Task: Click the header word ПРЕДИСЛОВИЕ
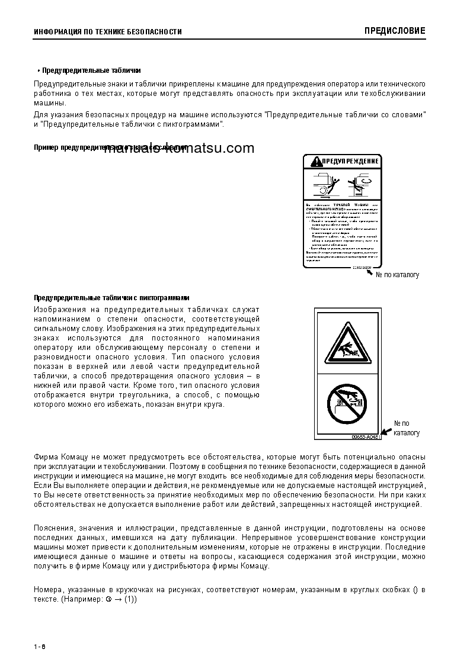point(395,31)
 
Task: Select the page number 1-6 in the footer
point(40,646)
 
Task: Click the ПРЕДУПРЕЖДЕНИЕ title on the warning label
point(350,161)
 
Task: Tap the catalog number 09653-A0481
point(364,436)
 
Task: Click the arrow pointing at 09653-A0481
point(386,431)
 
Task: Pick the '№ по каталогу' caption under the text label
point(397,275)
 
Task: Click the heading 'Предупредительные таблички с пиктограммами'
point(111,297)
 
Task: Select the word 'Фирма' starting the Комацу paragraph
point(46,457)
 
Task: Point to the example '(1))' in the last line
point(130,599)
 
